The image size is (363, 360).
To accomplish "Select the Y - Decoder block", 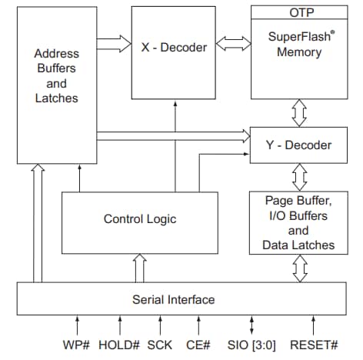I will click(298, 145).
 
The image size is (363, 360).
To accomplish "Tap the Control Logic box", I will click(139, 219).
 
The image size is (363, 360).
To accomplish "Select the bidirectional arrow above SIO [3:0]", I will click(251, 324).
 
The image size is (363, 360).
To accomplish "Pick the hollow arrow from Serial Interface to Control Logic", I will click(140, 268).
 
